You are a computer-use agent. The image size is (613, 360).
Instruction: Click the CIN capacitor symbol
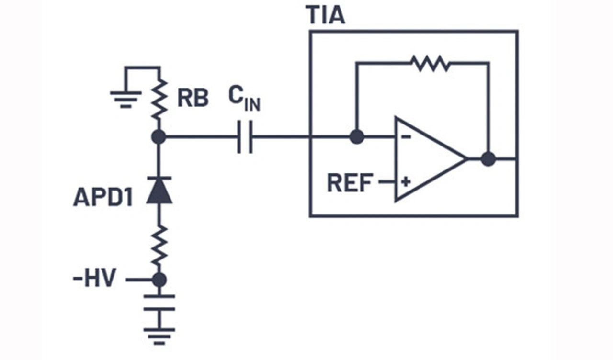coord(245,137)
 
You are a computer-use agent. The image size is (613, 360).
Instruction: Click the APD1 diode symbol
coord(159,191)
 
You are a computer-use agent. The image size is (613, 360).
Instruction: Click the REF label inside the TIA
coord(350,183)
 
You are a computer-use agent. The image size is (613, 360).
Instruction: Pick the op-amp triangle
coord(426,159)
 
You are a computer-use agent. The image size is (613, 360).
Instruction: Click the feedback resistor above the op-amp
coord(430,63)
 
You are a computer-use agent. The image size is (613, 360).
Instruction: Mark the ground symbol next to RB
coord(125,99)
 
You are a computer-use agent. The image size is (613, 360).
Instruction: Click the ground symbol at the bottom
coord(159,336)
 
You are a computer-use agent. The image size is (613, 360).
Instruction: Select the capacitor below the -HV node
coord(159,303)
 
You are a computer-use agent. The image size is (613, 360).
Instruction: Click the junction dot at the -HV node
coord(159,280)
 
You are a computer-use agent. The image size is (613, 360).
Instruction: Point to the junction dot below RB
coord(159,137)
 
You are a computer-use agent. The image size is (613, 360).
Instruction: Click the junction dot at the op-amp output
coord(488,159)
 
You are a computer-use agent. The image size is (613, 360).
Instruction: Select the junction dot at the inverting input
coord(356,137)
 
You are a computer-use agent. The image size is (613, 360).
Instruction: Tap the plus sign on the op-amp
coord(406,182)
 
